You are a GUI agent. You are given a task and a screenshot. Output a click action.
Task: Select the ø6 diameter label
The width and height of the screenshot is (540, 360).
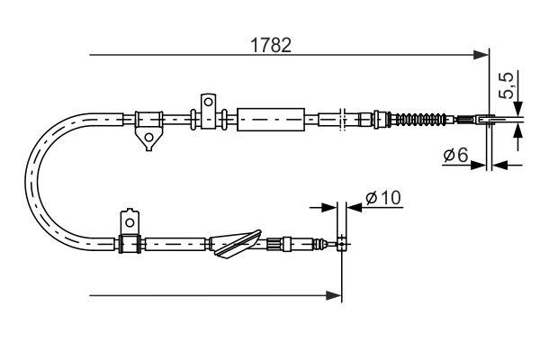(x=454, y=156)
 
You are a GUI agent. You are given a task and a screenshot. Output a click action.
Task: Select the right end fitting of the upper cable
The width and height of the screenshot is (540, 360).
(x=477, y=118)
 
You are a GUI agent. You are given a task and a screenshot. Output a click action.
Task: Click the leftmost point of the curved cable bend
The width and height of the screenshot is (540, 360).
(x=31, y=180)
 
